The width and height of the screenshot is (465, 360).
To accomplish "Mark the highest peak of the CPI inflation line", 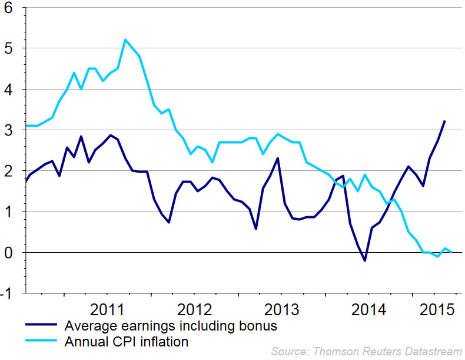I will click(125, 40).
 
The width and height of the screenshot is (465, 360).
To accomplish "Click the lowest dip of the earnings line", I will click(365, 260).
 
